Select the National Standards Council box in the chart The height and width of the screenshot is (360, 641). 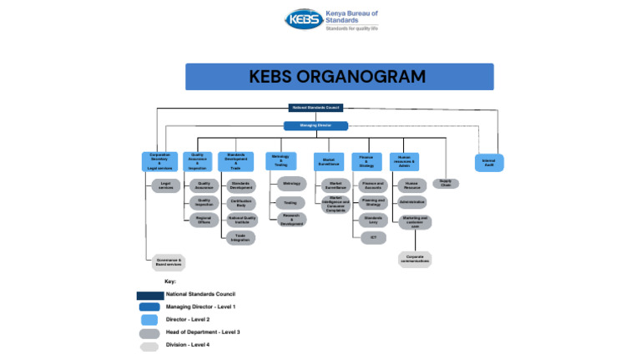click(316, 108)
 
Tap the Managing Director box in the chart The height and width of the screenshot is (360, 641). click(315, 126)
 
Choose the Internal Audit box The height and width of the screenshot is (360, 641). click(489, 161)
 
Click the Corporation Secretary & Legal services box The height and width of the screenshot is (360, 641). click(159, 161)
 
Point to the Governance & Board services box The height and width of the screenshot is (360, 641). click(168, 261)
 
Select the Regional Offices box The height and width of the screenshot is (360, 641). click(204, 221)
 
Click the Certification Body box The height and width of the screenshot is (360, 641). click(241, 203)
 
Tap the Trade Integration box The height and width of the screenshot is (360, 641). click(240, 238)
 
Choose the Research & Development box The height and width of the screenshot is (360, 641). click(291, 221)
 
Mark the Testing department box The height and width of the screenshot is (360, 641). click(290, 202)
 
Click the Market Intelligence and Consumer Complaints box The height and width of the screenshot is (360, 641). click(336, 205)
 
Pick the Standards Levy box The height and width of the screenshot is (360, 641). click(372, 220)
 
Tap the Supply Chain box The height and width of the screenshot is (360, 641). click(446, 184)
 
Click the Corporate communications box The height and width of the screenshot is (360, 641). click(414, 259)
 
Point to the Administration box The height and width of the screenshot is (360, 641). click(411, 202)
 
